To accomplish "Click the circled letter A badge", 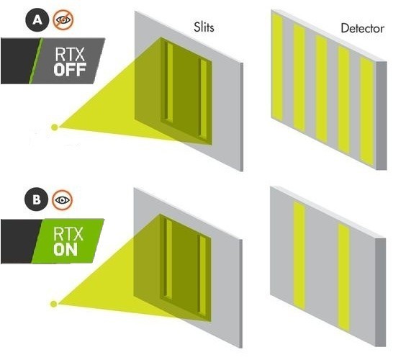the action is click(x=37, y=20).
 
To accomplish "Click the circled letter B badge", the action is click(x=36, y=199).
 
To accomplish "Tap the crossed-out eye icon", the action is click(x=63, y=19).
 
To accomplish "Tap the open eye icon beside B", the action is click(x=62, y=199).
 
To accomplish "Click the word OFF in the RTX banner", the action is click(x=70, y=69).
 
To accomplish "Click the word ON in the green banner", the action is click(x=66, y=249).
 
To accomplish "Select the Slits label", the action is click(x=204, y=27).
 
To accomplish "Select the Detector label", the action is click(x=363, y=28).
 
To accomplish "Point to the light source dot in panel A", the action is click(x=55, y=127).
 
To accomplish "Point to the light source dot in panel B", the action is click(x=53, y=304).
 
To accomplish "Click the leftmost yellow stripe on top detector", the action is click(x=277, y=67).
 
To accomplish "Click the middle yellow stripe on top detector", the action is click(x=322, y=89).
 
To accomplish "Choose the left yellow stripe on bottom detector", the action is click(x=299, y=256).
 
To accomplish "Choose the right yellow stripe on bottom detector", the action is click(x=344, y=278).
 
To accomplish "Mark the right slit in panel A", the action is click(x=204, y=99).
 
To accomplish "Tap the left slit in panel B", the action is click(x=169, y=258).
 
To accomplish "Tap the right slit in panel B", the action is click(x=203, y=275).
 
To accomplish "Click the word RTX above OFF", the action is click(x=70, y=54).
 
